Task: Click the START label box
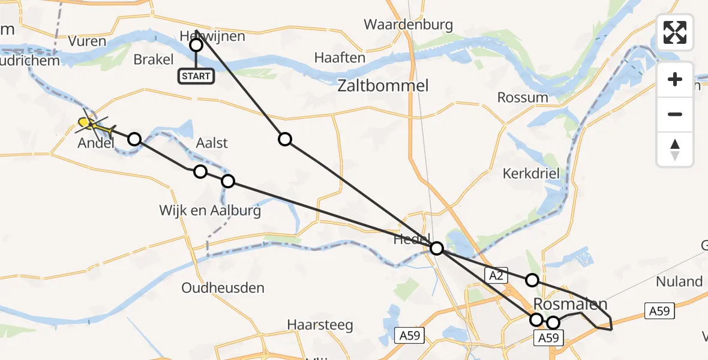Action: pos(196,76)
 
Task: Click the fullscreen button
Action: pos(675,32)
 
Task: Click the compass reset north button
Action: pos(675,149)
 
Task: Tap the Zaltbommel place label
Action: pos(383,86)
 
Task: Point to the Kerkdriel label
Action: pos(531,173)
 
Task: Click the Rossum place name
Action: pos(523,97)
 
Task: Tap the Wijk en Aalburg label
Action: pos(210,211)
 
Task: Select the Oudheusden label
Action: pos(223,288)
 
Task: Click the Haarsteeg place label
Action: pos(320,325)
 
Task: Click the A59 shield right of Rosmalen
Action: pos(660,311)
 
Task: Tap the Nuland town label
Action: pos(679,281)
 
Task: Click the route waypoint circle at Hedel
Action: pos(437,248)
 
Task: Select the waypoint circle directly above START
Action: pos(196,45)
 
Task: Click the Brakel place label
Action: pos(154,59)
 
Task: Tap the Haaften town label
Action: pos(340,58)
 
